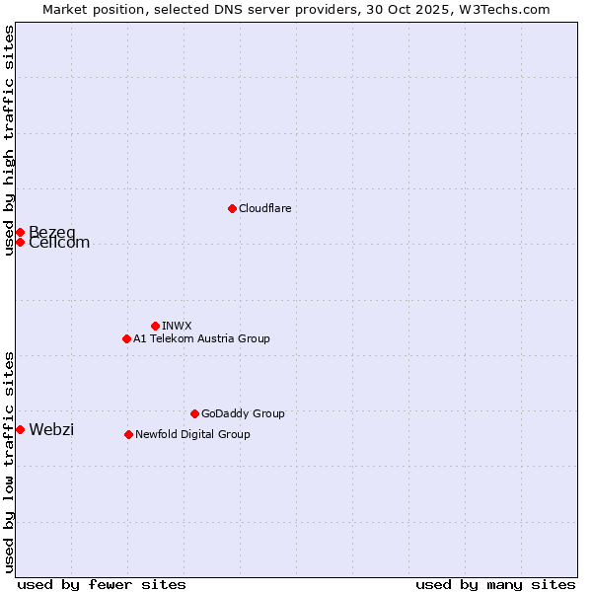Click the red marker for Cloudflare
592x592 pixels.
tap(232, 208)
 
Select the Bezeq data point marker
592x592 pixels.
tap(20, 232)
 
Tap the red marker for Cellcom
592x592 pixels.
tap(20, 243)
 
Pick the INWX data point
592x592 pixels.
tap(155, 326)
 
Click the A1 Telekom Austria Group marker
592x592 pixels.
tap(126, 338)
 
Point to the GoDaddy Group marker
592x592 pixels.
tap(194, 413)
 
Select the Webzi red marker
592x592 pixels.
tap(20, 429)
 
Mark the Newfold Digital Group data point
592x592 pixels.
tap(128, 434)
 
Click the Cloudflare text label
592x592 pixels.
tap(264, 208)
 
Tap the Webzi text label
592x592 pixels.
tap(51, 429)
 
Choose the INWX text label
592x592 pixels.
tap(177, 326)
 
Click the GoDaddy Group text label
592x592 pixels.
tap(243, 413)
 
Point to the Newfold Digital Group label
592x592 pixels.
tap(192, 434)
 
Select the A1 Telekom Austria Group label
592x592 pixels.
tap(201, 338)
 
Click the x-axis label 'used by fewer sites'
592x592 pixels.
tap(102, 584)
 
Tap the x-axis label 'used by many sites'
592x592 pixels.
tap(495, 584)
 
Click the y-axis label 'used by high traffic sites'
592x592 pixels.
tap(10, 140)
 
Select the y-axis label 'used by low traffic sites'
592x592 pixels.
tap(10, 461)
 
